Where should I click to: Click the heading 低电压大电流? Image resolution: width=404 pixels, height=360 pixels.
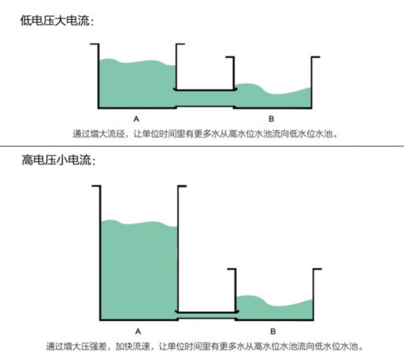[x=55, y=21]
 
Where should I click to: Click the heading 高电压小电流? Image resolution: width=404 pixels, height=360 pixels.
[x=57, y=159]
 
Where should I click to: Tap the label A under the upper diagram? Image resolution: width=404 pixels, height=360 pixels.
[x=137, y=119]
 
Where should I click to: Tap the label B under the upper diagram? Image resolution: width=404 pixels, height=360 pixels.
[x=271, y=119]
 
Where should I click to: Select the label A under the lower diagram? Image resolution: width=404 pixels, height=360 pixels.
[x=138, y=331]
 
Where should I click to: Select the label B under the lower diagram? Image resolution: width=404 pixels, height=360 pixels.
[x=273, y=331]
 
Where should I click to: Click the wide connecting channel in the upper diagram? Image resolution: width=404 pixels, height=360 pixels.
[x=205, y=98]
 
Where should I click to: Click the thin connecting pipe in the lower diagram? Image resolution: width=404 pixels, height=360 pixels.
[x=206, y=316]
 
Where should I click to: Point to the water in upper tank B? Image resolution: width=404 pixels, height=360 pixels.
[x=273, y=98]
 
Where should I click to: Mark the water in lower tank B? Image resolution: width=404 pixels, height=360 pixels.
[x=275, y=308]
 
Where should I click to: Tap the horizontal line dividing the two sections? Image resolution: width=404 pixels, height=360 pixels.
[x=202, y=146]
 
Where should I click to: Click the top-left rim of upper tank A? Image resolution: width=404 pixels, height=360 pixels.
[x=94, y=44]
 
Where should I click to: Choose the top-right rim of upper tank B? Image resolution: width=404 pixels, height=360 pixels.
[x=316, y=57]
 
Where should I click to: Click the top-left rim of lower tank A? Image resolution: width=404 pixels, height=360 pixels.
[x=96, y=186]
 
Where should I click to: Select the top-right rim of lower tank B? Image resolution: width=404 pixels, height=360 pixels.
[x=317, y=269]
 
